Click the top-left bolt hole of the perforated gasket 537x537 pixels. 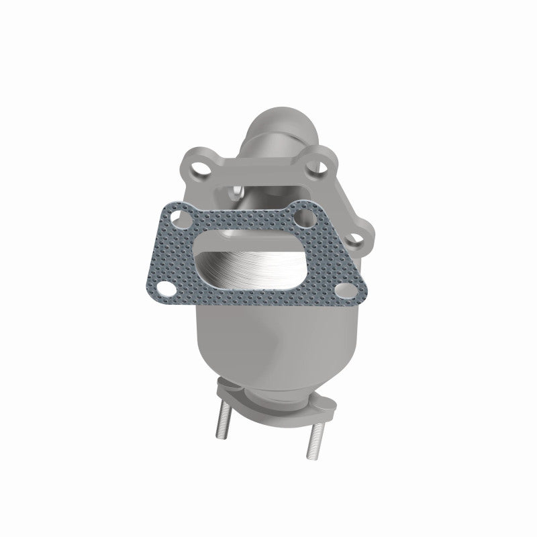178,219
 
